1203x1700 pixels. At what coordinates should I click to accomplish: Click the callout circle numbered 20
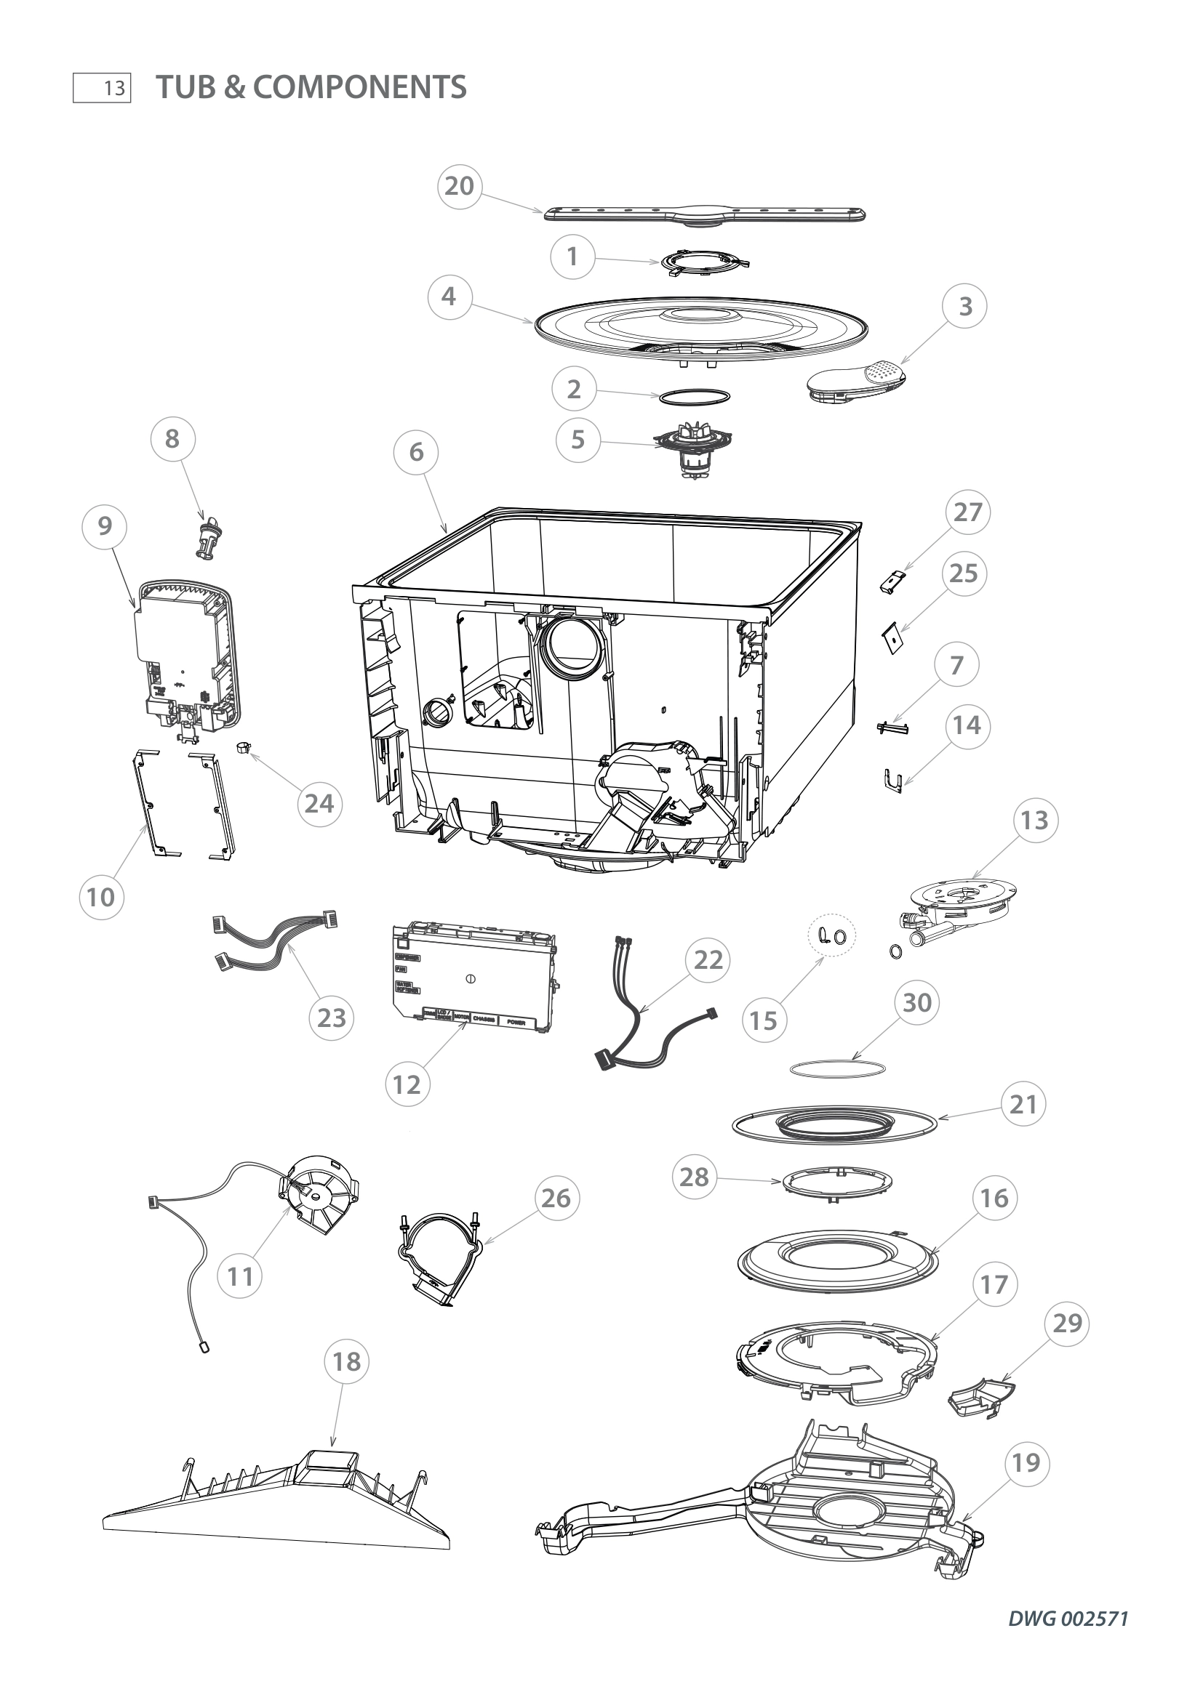pos(459,186)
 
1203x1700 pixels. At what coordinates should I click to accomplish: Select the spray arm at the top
pos(705,215)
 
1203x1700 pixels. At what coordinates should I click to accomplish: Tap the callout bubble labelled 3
pos(964,307)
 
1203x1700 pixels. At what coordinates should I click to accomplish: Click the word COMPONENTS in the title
pos(360,87)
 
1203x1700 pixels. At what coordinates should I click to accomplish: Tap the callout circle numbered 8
pos(172,439)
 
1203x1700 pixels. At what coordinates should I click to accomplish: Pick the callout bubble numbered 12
pos(407,1084)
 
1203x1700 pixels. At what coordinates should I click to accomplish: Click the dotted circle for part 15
pos(831,938)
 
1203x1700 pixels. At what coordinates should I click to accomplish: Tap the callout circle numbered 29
pos(1067,1323)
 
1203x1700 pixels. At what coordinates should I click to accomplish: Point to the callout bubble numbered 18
pos(347,1361)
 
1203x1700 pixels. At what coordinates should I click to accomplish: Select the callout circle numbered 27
pos(967,512)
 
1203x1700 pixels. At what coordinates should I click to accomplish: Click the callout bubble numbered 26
pos(556,1198)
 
